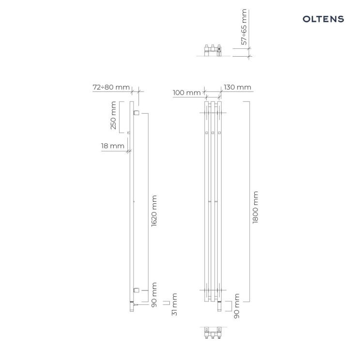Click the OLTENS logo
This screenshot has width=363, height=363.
point(323,19)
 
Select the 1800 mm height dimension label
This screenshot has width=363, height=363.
point(255,207)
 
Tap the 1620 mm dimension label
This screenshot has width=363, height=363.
point(154,211)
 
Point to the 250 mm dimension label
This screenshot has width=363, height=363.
point(113,115)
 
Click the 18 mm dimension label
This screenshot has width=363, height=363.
point(112,146)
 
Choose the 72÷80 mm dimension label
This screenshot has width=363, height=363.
point(111,87)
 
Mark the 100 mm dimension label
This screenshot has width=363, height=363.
point(187,92)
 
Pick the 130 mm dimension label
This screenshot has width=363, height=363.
point(238,87)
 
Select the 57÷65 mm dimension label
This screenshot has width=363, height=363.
point(244,27)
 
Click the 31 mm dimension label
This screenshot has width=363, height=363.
point(174,304)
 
